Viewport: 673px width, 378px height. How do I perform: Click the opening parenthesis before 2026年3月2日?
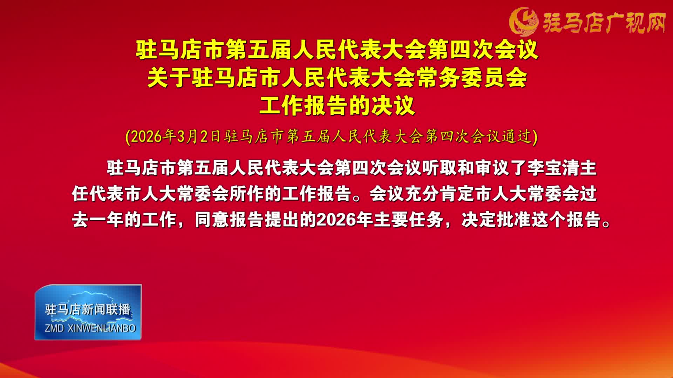[128, 137]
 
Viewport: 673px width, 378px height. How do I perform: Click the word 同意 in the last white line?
[212, 220]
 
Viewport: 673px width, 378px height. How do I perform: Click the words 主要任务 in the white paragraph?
[408, 220]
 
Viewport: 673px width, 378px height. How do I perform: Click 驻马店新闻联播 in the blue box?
[88, 309]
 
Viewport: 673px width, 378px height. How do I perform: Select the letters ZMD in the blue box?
[54, 328]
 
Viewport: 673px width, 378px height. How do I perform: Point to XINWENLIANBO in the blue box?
[101, 328]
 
